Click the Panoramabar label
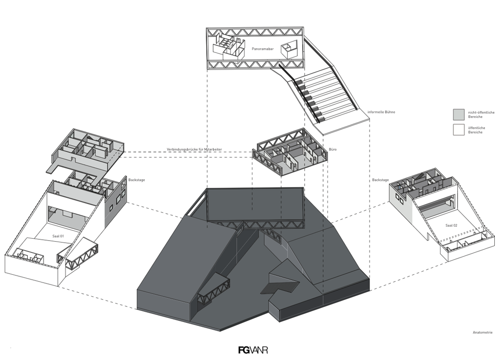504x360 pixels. click(x=262, y=49)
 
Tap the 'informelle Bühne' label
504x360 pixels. click(x=381, y=112)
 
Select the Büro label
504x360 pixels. click(x=333, y=149)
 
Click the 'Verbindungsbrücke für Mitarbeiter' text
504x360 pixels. click(x=194, y=149)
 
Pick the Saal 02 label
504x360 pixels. click(x=451, y=226)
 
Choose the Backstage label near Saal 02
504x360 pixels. click(x=380, y=180)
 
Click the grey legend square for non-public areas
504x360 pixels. click(x=458, y=114)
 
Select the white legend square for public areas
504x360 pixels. click(x=458, y=130)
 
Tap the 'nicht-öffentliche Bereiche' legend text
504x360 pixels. click(x=481, y=115)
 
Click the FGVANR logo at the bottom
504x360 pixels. click(x=253, y=350)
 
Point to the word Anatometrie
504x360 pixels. click(x=482, y=333)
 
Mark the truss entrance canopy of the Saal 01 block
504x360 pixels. click(x=78, y=255)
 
